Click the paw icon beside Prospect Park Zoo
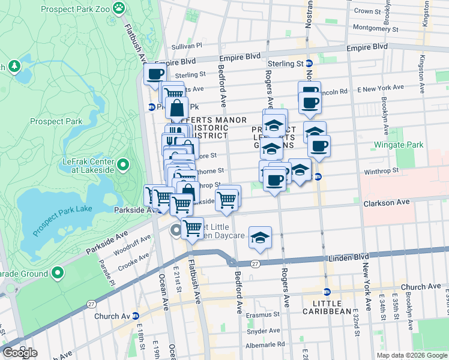pos(119,8)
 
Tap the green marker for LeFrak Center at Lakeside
pos(123,164)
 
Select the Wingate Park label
pos(398,145)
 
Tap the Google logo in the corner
pos(20,353)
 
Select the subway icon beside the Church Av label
pos(136,316)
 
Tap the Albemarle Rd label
pos(265,344)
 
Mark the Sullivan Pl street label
pos(187,45)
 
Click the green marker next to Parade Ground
pos(58,273)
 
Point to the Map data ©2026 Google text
pos(411,355)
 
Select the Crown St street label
pos(380,11)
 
